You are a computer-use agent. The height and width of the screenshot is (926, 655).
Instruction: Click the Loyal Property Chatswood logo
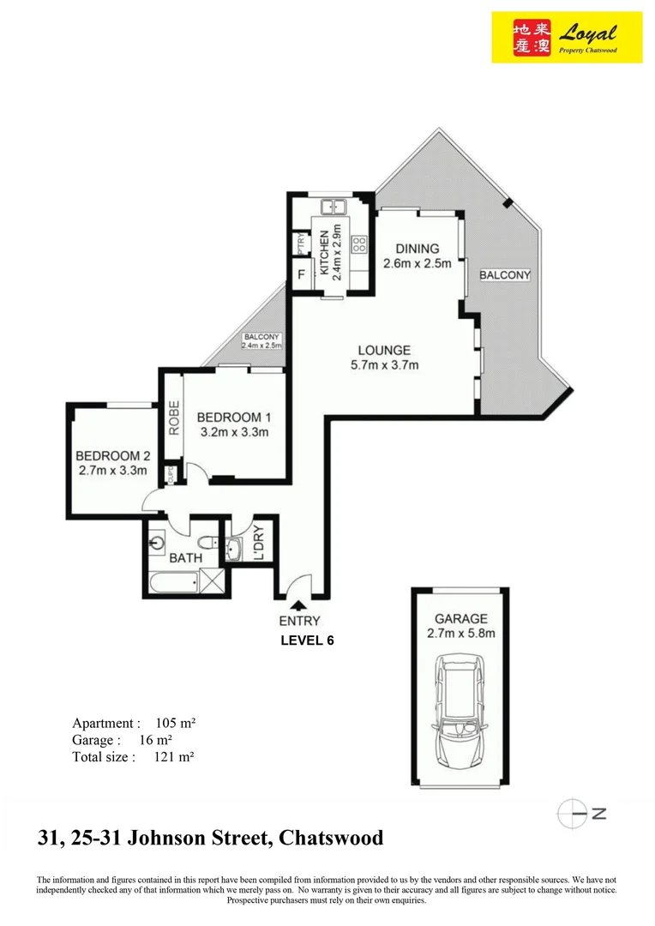click(x=567, y=37)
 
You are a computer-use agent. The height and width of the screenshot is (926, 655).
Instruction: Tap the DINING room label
click(x=418, y=249)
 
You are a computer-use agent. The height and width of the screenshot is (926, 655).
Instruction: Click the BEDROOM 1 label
click(x=234, y=417)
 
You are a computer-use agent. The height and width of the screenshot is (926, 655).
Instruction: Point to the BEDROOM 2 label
click(x=112, y=454)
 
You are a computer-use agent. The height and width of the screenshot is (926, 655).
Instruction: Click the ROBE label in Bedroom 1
click(x=173, y=418)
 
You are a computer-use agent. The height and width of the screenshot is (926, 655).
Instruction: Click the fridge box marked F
click(x=301, y=276)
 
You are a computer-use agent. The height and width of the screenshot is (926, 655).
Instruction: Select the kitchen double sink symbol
click(x=332, y=207)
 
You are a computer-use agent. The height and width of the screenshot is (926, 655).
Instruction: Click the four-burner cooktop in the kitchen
click(x=358, y=244)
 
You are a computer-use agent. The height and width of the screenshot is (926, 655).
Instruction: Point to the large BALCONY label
click(x=505, y=275)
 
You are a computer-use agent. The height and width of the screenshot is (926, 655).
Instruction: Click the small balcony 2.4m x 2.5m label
click(x=261, y=341)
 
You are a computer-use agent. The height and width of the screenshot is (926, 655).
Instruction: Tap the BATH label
click(x=185, y=557)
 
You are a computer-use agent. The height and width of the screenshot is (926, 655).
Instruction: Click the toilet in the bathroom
click(x=207, y=542)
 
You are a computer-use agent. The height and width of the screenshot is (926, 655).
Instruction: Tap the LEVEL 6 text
click(x=307, y=639)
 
